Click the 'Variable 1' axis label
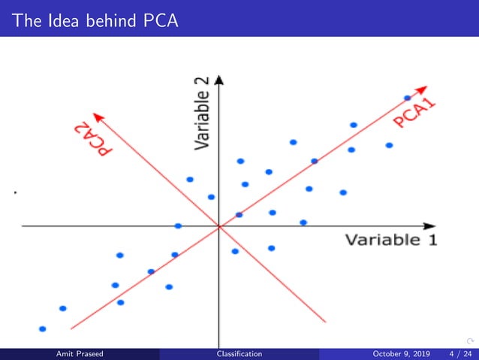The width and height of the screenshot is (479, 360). [x=390, y=241]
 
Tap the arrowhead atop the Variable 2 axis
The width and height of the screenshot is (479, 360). [x=218, y=78]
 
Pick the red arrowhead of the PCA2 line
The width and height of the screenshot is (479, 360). [x=95, y=114]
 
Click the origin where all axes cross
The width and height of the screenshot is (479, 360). [x=218, y=225]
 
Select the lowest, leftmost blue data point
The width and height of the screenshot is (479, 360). [x=42, y=328]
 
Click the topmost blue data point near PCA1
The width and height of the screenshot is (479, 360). [x=408, y=98]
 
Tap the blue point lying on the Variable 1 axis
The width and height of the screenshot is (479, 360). [x=178, y=225]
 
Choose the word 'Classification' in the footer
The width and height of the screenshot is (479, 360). [x=239, y=354]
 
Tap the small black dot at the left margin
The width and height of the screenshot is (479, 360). [x=15, y=193]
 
